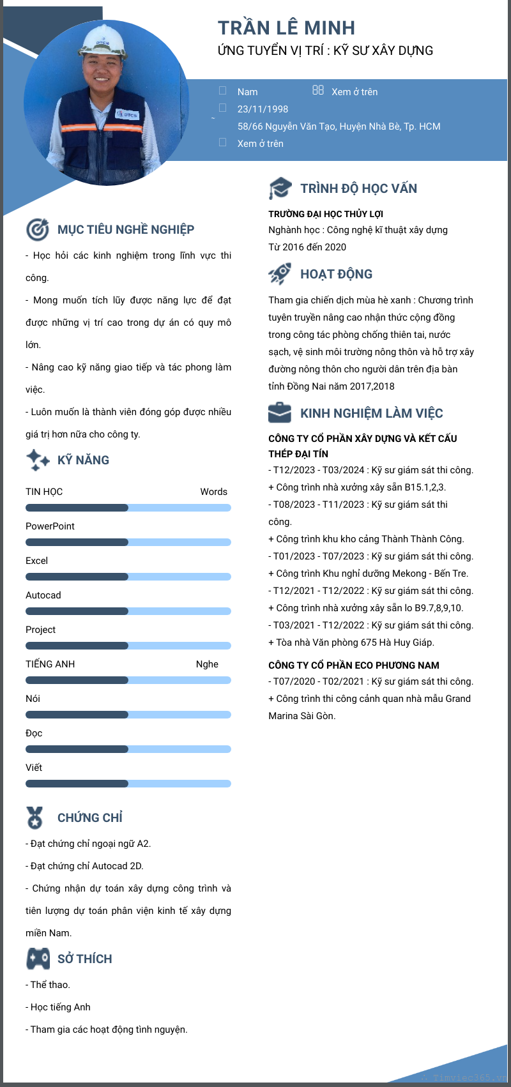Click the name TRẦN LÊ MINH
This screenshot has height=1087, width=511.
tap(286, 28)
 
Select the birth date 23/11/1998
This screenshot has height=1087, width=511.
tap(263, 109)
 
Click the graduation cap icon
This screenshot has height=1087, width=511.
tap(280, 188)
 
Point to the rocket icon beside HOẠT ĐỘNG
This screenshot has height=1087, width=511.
tap(280, 274)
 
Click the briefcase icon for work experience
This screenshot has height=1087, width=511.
tap(280, 413)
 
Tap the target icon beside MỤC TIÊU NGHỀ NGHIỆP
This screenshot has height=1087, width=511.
tap(38, 229)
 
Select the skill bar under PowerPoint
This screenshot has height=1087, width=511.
tap(128, 542)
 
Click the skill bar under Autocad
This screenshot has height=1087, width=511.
tap(128, 611)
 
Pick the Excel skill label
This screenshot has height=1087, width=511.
tap(36, 561)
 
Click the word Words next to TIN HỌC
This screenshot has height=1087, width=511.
tap(213, 492)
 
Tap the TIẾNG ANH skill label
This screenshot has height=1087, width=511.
tap(50, 664)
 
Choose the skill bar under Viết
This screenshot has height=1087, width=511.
tap(128, 784)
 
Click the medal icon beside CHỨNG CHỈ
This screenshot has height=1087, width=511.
tap(34, 817)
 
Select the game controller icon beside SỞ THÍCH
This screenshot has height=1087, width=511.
tap(38, 959)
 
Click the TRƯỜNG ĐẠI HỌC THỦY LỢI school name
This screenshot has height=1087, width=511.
tap(326, 214)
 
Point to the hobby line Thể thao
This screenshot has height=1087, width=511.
tap(49, 985)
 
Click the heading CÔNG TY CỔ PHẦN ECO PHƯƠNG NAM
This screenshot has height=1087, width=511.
tap(353, 665)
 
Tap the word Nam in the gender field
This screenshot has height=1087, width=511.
tap(247, 92)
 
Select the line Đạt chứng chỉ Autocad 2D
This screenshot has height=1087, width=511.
tap(86, 866)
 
